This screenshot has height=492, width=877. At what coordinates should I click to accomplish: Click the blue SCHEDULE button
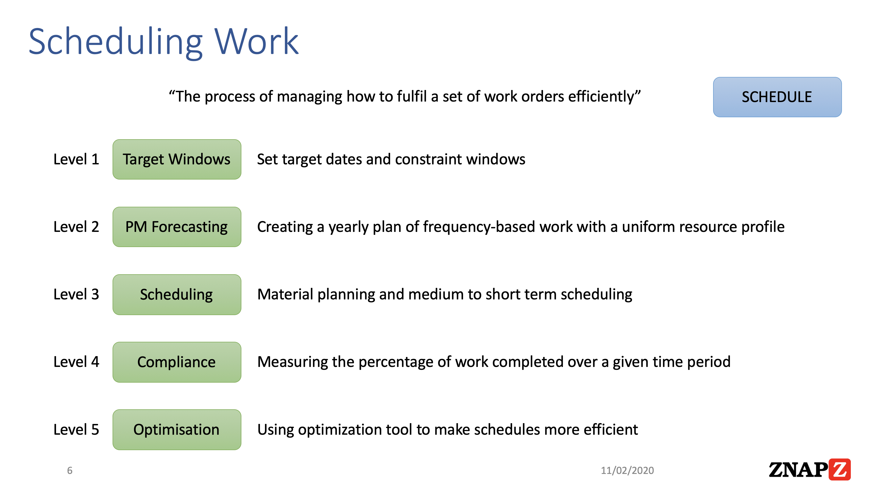pyautogui.click(x=777, y=97)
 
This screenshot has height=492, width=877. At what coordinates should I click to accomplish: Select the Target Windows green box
pyautogui.click(x=177, y=159)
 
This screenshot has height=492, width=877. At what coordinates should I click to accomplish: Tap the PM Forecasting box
pyautogui.click(x=177, y=227)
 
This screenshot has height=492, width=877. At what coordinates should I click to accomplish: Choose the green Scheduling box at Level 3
pyautogui.click(x=177, y=294)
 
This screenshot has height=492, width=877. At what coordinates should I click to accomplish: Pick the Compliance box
pyautogui.click(x=177, y=362)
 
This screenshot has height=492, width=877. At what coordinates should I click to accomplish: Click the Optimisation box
pyautogui.click(x=177, y=429)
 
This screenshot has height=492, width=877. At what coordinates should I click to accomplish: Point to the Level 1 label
pyautogui.click(x=76, y=159)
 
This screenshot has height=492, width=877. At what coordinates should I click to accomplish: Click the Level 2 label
pyautogui.click(x=76, y=227)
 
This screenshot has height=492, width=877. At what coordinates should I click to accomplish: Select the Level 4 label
pyautogui.click(x=76, y=362)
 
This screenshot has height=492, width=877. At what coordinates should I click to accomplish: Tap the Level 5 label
pyautogui.click(x=76, y=429)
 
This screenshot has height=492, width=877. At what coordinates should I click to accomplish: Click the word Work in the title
pyautogui.click(x=256, y=42)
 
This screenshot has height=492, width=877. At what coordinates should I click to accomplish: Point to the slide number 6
pyautogui.click(x=70, y=470)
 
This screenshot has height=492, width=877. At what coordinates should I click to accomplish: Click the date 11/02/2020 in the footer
pyautogui.click(x=627, y=470)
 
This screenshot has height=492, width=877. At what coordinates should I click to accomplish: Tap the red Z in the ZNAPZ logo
pyautogui.click(x=839, y=469)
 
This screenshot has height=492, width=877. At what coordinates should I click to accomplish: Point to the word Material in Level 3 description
pyautogui.click(x=285, y=294)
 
